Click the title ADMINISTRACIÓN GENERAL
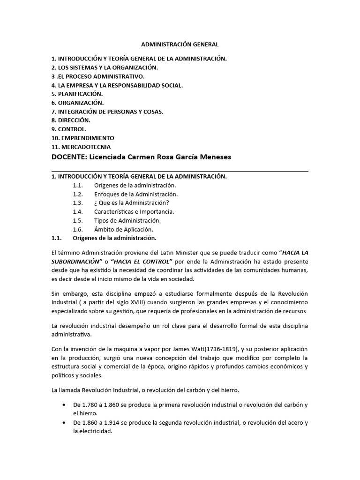click(180, 45)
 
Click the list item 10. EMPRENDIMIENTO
click(82, 138)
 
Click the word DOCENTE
click(68, 157)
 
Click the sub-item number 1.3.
click(78, 202)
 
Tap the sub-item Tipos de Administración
click(127, 220)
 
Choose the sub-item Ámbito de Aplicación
click(124, 229)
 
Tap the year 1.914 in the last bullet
click(117, 423)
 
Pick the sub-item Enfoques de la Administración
click(136, 194)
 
